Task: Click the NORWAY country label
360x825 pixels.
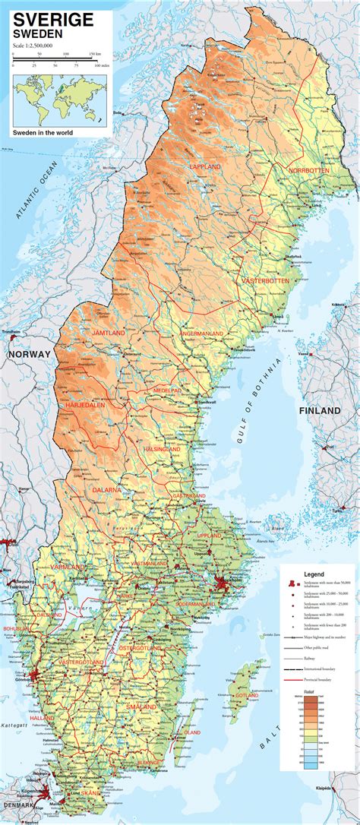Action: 29,355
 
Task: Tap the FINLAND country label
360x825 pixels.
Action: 320,410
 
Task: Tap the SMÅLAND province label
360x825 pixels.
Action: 144,707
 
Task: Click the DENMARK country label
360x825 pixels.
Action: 20,804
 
